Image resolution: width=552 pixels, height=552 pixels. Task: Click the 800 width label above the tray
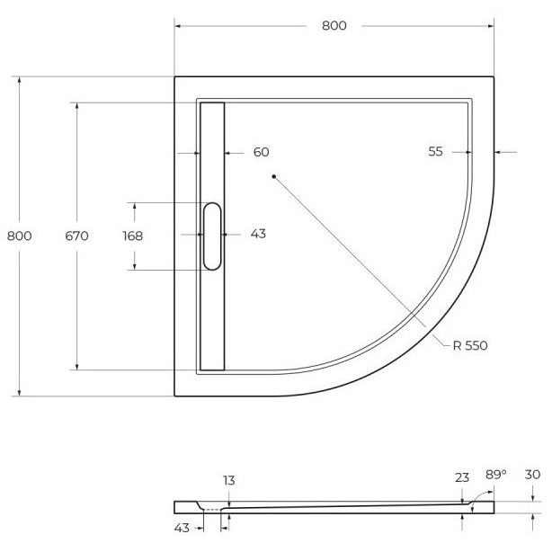tap(334, 26)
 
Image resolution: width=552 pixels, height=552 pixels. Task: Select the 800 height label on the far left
tap(20, 236)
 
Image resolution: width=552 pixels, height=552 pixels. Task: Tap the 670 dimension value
tap(76, 236)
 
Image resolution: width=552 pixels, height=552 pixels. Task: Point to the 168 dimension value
tap(133, 236)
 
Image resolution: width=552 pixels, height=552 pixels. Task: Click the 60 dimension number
tap(262, 152)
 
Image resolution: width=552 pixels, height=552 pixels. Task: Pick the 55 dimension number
tap(435, 152)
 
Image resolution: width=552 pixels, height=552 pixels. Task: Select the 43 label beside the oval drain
tap(258, 234)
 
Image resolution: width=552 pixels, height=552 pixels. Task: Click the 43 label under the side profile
tap(182, 528)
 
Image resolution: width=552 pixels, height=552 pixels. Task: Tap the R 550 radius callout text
tap(470, 346)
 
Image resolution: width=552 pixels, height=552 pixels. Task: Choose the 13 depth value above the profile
tap(229, 481)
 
